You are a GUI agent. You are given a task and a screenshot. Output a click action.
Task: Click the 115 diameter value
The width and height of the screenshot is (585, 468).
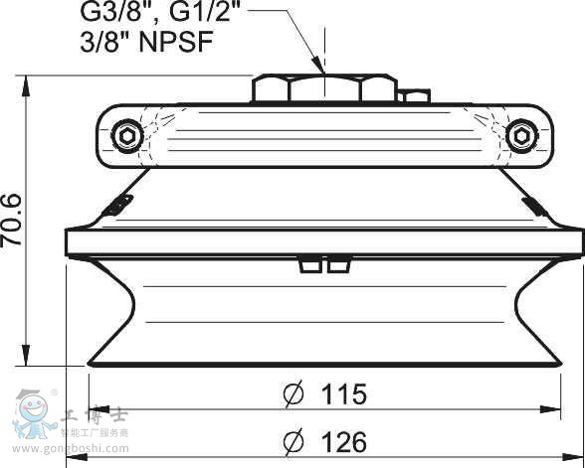pos(343,394)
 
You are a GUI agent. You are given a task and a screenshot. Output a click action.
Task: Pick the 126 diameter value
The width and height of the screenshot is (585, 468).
pos(343,442)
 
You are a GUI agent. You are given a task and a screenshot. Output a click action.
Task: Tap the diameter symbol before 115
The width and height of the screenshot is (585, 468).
pos(293,395)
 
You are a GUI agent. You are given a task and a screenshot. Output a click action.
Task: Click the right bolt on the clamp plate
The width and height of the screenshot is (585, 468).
pos(518,135)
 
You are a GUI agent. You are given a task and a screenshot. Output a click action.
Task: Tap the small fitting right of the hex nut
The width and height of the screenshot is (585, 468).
pos(415,96)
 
